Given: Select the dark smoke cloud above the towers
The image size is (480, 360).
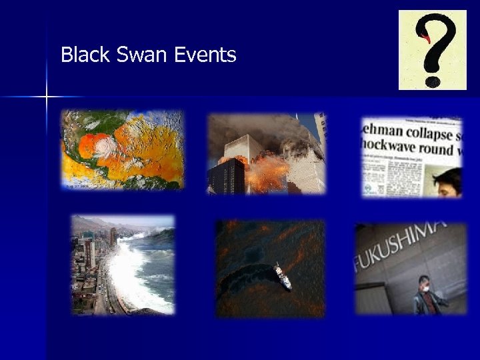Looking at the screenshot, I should [x=267, y=127].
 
